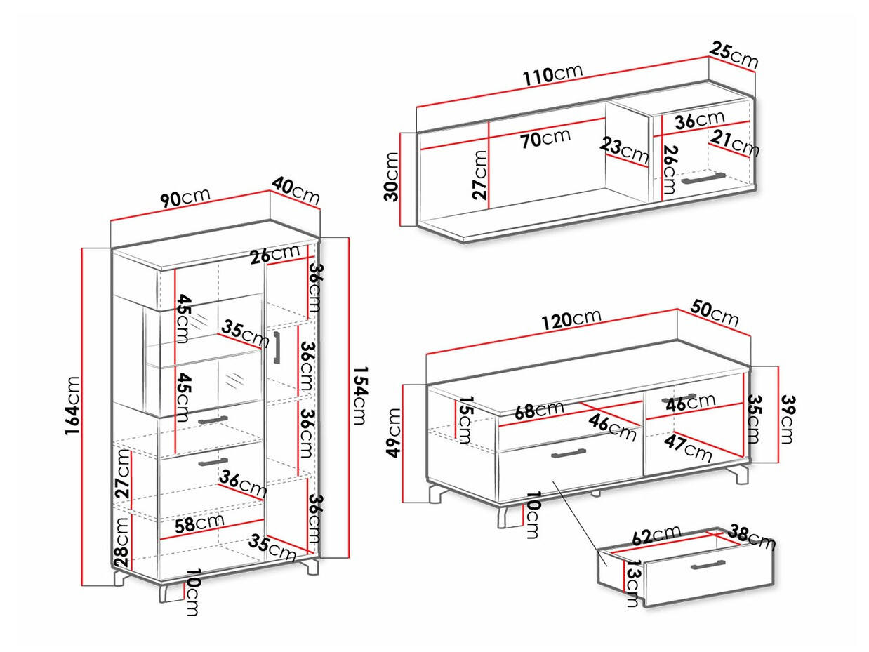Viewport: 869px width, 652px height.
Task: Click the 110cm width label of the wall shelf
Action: point(552,74)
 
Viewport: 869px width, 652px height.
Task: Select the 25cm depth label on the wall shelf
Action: point(734,55)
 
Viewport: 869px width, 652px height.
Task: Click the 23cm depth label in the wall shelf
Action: point(624,150)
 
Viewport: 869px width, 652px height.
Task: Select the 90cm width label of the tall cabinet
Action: point(185,199)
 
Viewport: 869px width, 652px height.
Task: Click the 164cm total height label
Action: point(72,415)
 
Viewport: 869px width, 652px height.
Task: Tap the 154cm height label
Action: point(359,397)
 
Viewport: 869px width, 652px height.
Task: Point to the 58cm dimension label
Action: point(201,524)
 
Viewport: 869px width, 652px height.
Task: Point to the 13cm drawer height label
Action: point(632,584)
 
